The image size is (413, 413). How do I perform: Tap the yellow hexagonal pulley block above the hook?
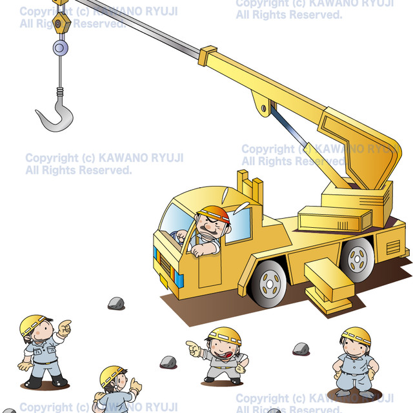[x=61, y=24]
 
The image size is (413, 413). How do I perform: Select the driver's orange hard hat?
[x=214, y=213]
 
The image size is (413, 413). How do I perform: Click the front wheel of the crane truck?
[x=269, y=282]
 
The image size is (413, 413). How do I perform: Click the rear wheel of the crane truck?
[x=358, y=258]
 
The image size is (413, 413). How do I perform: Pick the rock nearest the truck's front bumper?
[x=116, y=303]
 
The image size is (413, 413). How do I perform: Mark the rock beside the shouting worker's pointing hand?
[x=168, y=362]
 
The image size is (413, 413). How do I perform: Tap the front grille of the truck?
[x=165, y=265]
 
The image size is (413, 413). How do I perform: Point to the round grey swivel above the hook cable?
[x=60, y=47]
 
